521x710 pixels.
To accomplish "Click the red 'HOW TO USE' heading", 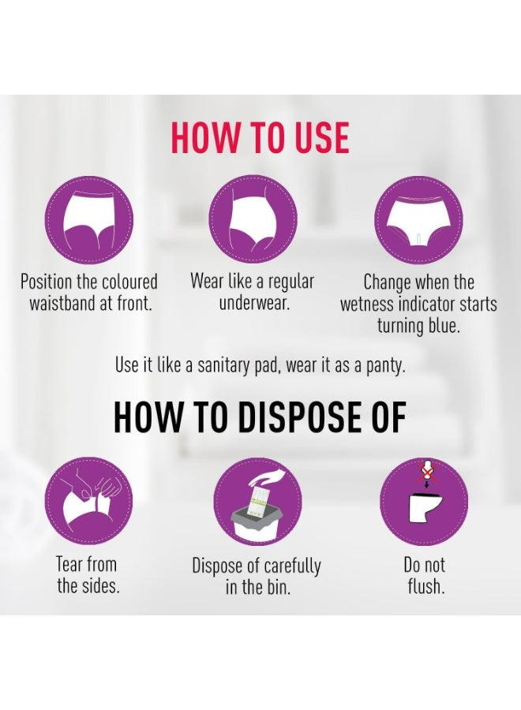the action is click(x=260, y=137).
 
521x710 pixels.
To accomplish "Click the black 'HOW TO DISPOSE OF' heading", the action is click(x=260, y=417).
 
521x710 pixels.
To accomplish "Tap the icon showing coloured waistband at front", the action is click(x=88, y=221).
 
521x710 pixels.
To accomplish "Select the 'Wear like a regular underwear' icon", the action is click(x=253, y=221).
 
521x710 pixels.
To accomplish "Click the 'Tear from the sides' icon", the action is click(x=88, y=501).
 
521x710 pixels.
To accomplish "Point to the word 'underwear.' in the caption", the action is click(x=254, y=304).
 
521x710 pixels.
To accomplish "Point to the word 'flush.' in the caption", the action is click(x=425, y=586).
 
